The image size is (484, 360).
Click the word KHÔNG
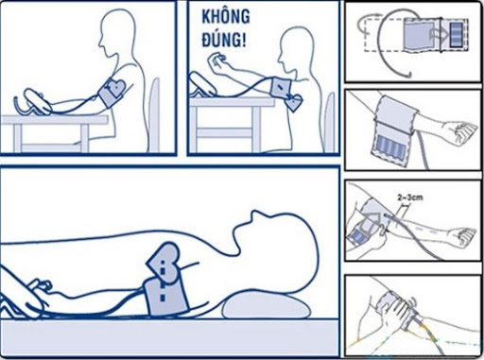click(x=226, y=17)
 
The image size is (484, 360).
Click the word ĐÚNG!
click(x=224, y=40)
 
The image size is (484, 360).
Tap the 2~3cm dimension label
click(x=410, y=197)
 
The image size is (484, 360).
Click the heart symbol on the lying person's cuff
click(x=164, y=264)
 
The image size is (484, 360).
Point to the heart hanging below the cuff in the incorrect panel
click(x=293, y=102)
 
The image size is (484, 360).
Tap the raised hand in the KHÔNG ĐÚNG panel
click(x=216, y=60)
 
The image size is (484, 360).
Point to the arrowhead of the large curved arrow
click(x=407, y=75)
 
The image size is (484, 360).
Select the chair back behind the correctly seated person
click(x=154, y=114)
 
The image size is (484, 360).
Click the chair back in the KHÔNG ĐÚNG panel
click(x=330, y=121)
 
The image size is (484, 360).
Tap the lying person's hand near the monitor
click(x=40, y=285)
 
